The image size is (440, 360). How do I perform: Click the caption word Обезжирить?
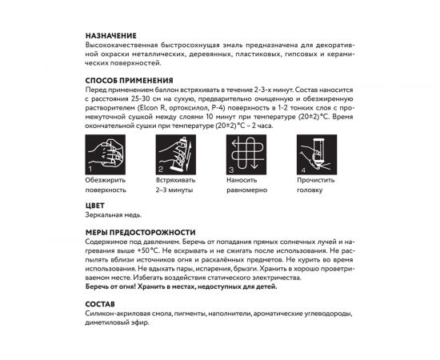coord(105,182)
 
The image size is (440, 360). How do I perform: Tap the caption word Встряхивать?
coord(178,182)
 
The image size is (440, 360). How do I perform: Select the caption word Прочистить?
coord(317,182)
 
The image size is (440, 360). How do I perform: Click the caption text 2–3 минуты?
coord(175,191)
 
